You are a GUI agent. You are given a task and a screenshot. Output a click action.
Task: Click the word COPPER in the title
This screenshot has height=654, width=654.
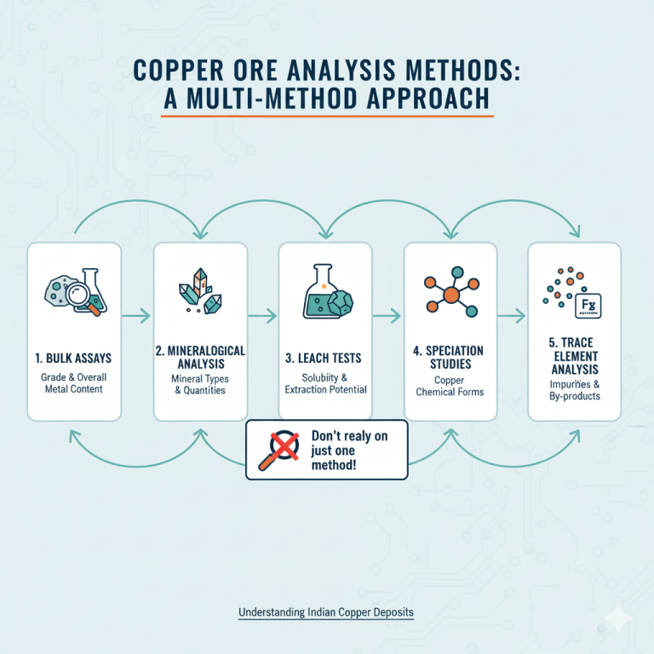[x=179, y=70]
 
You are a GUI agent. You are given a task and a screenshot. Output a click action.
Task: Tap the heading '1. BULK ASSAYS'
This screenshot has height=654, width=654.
[x=73, y=359]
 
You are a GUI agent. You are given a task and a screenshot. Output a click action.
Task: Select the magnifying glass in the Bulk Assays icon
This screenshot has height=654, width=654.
[x=83, y=297]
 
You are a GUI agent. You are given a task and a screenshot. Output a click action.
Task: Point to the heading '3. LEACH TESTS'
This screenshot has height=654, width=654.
[x=324, y=359]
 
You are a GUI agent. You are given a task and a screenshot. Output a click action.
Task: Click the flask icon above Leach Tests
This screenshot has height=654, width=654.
[x=320, y=291]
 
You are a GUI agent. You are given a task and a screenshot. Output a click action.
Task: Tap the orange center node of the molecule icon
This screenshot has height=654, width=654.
[x=450, y=295]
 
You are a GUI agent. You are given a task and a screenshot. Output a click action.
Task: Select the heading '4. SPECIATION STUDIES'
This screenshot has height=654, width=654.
[x=449, y=358]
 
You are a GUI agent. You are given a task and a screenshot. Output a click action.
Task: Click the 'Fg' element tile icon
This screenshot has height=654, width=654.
[x=588, y=306]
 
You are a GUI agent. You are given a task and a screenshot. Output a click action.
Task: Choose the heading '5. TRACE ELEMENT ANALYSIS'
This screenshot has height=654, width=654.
[x=574, y=356]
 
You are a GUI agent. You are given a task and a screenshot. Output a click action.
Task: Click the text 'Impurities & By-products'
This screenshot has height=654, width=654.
[x=574, y=390]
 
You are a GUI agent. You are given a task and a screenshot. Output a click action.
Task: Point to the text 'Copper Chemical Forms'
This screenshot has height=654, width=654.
[x=450, y=386]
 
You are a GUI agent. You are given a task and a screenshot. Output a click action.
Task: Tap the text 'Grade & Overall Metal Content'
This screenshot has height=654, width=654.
[x=73, y=383]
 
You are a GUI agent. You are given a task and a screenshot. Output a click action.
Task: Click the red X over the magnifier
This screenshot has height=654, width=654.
[x=284, y=446]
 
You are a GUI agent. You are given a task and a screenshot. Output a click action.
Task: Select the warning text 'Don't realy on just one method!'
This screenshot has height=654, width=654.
[x=349, y=450]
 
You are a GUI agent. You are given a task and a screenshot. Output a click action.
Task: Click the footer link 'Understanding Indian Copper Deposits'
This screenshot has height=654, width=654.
[x=326, y=612]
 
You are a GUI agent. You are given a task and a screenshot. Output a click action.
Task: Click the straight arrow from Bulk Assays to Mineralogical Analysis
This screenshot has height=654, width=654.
[x=136, y=316]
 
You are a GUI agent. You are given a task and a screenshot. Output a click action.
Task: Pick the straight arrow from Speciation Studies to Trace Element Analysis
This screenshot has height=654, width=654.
[x=511, y=316]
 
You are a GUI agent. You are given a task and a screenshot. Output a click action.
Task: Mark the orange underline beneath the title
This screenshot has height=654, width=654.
[x=327, y=117]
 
